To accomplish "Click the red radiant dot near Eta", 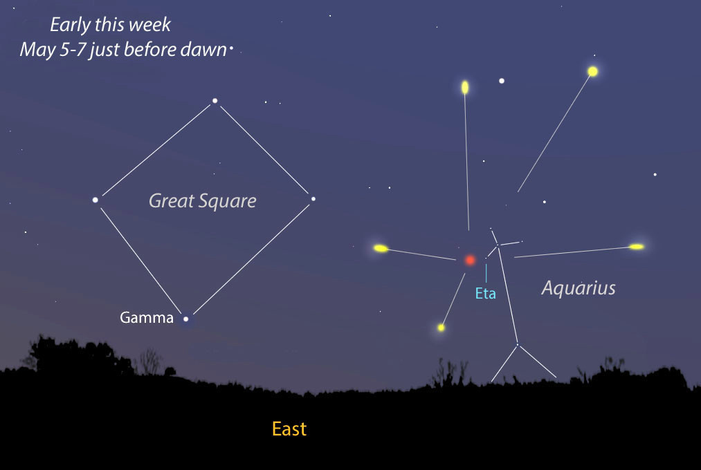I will click(x=470, y=260).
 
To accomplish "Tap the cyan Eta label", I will click(x=486, y=293).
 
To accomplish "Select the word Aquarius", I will click(x=579, y=288).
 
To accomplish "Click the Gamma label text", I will click(x=147, y=318).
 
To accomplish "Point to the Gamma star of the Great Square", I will click(x=185, y=319).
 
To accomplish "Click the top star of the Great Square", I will click(x=215, y=101).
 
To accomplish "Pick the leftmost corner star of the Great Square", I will click(x=95, y=200).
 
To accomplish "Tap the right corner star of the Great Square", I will click(x=313, y=199).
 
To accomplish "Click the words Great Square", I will click(x=203, y=201).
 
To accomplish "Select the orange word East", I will click(x=289, y=429).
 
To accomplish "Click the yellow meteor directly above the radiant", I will click(x=465, y=87).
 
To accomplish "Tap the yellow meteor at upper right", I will click(x=592, y=71).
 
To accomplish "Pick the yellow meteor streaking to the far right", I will click(x=637, y=247).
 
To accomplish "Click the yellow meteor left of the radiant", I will click(x=381, y=248).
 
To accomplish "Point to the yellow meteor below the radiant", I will click(x=441, y=327).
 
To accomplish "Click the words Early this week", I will click(x=110, y=25).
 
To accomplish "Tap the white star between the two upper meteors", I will click(x=502, y=81).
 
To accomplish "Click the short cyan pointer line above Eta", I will click(x=486, y=272).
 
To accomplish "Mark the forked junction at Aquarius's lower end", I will click(x=517, y=344).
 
